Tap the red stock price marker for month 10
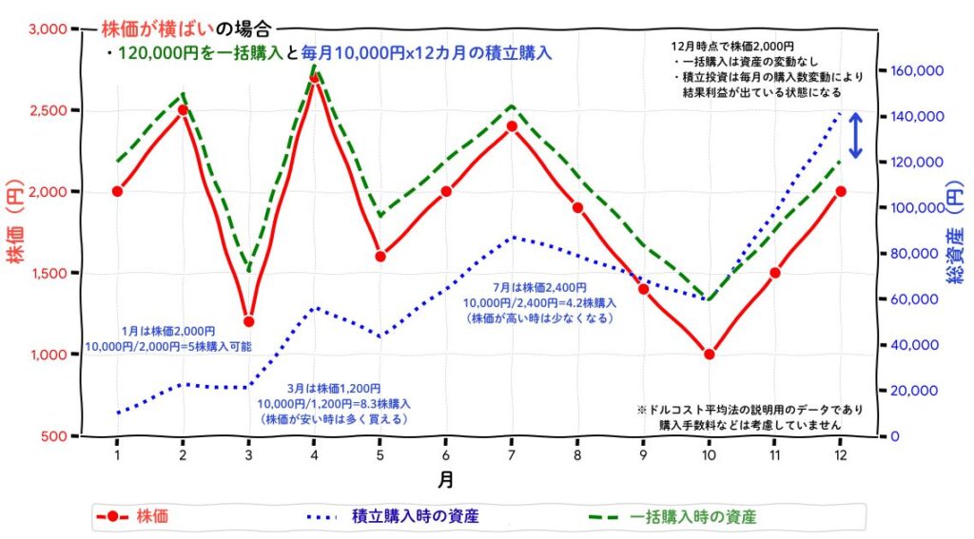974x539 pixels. click(709, 355)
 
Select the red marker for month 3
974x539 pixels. click(248, 321)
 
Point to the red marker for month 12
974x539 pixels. click(841, 191)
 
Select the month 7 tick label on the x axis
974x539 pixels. click(512, 455)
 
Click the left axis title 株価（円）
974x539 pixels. click(17, 233)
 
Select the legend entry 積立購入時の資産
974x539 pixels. click(415, 517)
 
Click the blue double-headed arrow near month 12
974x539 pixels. click(855, 136)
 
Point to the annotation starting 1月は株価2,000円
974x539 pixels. click(168, 338)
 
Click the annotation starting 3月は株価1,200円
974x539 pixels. click(334, 403)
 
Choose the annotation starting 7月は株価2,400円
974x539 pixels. click(539, 302)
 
